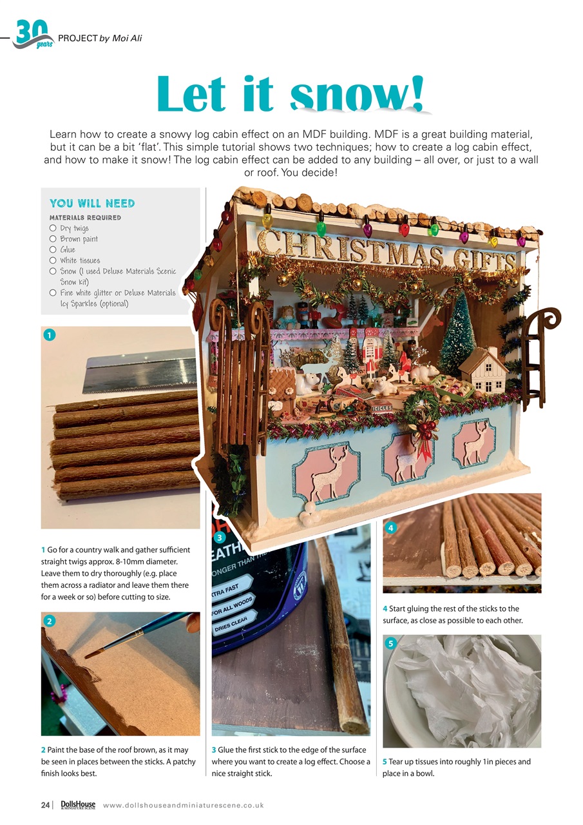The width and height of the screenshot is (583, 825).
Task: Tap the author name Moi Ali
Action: [127, 39]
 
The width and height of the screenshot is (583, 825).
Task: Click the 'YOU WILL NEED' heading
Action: [92, 204]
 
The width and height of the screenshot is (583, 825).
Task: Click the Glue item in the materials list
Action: [68, 249]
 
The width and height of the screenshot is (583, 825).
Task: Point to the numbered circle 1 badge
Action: [49, 335]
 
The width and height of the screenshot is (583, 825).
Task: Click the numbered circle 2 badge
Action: [49, 621]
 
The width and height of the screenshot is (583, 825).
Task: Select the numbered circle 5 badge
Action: [391, 643]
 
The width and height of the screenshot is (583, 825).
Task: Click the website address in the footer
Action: [183, 805]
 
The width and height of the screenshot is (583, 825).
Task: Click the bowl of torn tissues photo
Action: [462, 691]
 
